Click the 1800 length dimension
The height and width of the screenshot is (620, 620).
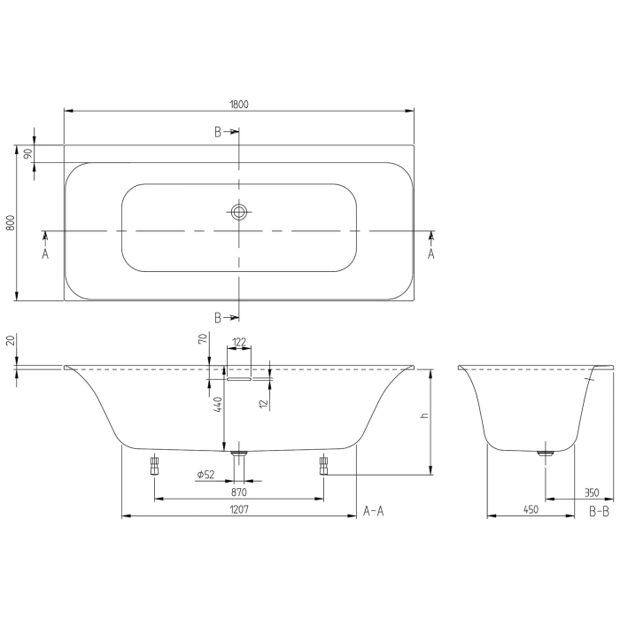pyautogui.click(x=239, y=104)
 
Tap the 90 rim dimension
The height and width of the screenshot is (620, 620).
pyautogui.click(x=28, y=153)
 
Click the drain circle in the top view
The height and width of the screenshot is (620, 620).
pyautogui.click(x=239, y=212)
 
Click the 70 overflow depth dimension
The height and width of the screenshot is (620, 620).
pyautogui.click(x=203, y=339)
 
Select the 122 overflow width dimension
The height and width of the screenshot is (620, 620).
pyautogui.click(x=239, y=342)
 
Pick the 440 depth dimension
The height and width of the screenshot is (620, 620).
pyautogui.click(x=217, y=404)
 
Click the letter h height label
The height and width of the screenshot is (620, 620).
pyautogui.click(x=425, y=416)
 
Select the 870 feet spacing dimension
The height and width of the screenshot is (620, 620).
pyautogui.click(x=239, y=492)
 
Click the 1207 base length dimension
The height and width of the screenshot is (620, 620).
pyautogui.click(x=239, y=510)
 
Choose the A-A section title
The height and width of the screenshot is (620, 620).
pyautogui.click(x=373, y=511)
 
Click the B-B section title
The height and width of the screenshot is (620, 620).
pyautogui.click(x=599, y=511)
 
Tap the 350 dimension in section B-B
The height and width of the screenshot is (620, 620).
pyautogui.click(x=591, y=492)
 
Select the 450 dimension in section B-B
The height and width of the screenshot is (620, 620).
pyautogui.click(x=531, y=510)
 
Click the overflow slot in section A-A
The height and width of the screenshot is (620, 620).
pyautogui.click(x=239, y=378)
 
